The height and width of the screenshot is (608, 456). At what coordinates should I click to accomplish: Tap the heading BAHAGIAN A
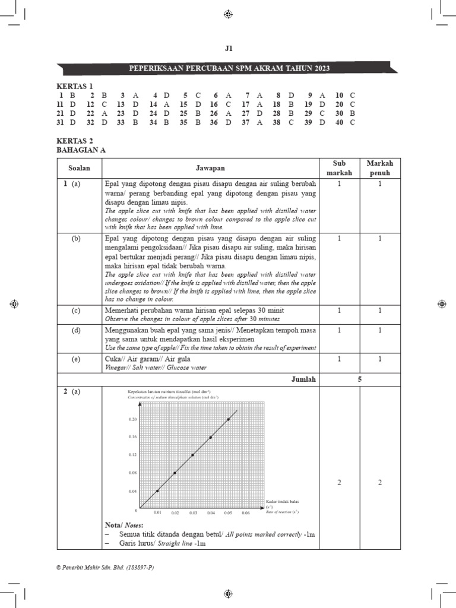[80, 150]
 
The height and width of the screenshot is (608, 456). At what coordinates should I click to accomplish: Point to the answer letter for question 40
[352, 122]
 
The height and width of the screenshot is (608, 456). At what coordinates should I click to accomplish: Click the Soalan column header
[78, 168]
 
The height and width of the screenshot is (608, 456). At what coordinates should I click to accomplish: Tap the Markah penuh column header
[380, 168]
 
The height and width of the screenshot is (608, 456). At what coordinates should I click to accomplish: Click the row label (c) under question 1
[76, 311]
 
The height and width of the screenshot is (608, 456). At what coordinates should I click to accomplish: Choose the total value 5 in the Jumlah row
[360, 379]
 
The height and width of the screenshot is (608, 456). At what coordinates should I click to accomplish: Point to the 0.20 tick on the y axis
[132, 419]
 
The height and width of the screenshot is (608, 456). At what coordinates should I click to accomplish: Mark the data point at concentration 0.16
[210, 438]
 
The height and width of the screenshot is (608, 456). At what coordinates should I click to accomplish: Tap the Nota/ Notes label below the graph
[123, 525]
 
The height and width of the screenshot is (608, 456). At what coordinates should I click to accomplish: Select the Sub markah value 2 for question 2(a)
[339, 483]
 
